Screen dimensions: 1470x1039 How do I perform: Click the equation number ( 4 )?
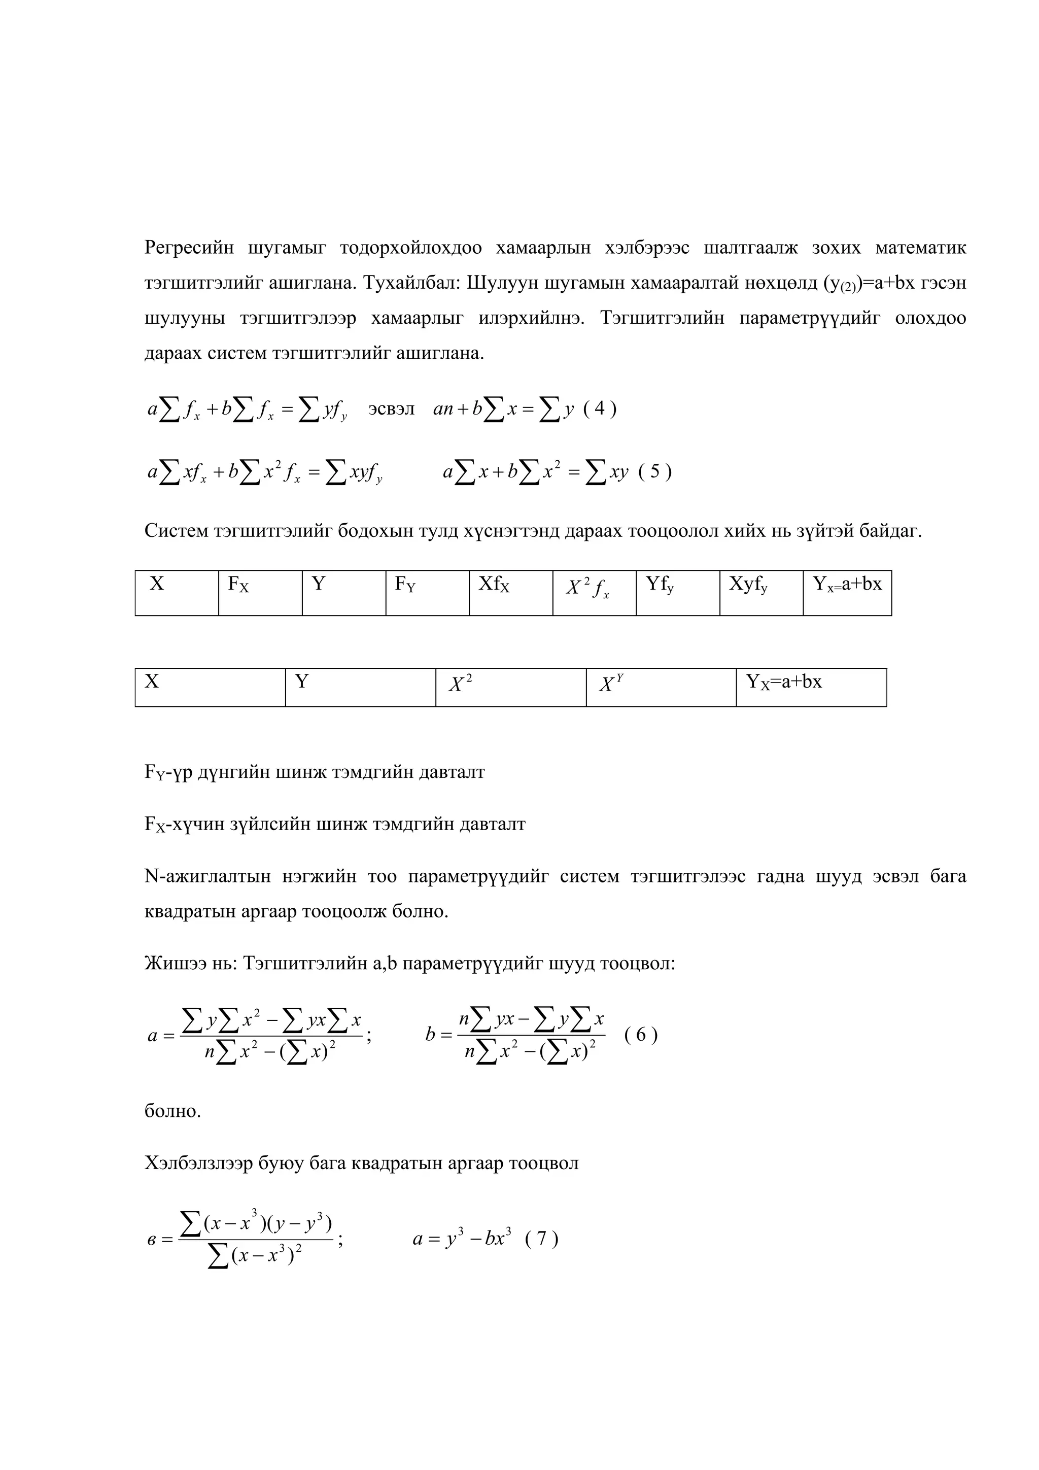[600, 408]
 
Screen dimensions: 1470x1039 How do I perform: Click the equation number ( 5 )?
[655, 472]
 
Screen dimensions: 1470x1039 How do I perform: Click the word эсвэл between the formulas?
[391, 408]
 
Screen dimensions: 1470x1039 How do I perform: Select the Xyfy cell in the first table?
[760, 592]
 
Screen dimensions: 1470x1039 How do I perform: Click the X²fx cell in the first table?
[594, 592]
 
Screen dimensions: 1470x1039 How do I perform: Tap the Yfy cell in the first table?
[677, 592]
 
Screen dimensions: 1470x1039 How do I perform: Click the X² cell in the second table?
[510, 687]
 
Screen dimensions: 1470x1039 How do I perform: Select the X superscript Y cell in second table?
[661, 687]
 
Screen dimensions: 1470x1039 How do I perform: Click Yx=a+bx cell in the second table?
[811, 687]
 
